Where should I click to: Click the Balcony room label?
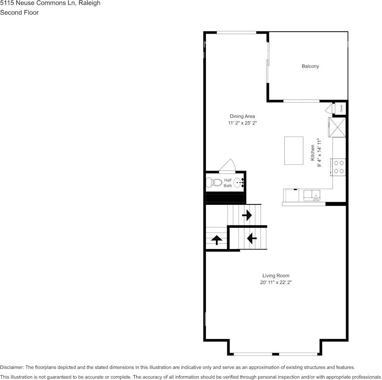[x=310, y=66]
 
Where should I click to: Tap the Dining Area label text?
[x=242, y=116]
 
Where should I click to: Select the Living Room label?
[x=276, y=276]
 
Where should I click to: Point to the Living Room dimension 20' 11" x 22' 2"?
[x=276, y=282]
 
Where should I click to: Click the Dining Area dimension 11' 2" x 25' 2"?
[x=242, y=123]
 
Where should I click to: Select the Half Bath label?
[x=228, y=183]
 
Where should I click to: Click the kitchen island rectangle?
[x=294, y=150]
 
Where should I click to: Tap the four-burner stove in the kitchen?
[x=339, y=167]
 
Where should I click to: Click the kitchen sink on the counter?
[x=312, y=196]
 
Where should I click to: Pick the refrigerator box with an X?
[x=337, y=127]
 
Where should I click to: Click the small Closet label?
[x=341, y=108]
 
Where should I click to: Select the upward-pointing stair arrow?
[x=217, y=240]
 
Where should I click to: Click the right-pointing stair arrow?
[x=246, y=215]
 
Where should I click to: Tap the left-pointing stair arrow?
[x=252, y=239]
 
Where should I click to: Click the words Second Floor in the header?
[x=19, y=12]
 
